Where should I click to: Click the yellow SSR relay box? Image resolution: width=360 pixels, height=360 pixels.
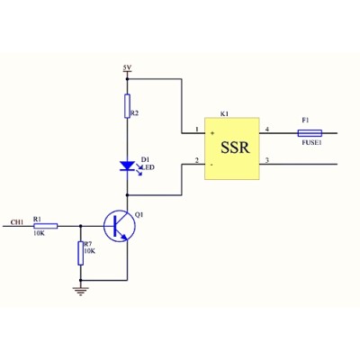pyautogui.click(x=232, y=148)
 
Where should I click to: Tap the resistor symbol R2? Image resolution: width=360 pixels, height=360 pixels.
pyautogui.click(x=127, y=106)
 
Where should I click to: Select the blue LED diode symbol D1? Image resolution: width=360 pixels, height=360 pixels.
pyautogui.click(x=127, y=166)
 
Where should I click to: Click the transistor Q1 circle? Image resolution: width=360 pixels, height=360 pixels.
pyautogui.click(x=120, y=226)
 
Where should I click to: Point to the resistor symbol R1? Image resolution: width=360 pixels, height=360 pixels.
pyautogui.click(x=46, y=226)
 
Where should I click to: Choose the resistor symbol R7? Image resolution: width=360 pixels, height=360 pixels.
pyautogui.click(x=80, y=253)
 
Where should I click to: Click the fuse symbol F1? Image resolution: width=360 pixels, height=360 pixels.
pyautogui.click(x=310, y=133)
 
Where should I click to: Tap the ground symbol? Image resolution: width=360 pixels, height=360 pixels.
pyautogui.click(x=80, y=291)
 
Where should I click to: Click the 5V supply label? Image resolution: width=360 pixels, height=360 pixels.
pyautogui.click(x=127, y=67)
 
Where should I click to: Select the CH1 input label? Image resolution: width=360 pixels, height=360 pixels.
pyautogui.click(x=17, y=222)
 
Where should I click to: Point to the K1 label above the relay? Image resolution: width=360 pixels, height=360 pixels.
pyautogui.click(x=224, y=114)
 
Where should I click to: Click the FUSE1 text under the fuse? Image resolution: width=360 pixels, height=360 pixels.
pyautogui.click(x=312, y=143)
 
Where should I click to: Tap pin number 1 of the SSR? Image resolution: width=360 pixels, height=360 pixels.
pyautogui.click(x=197, y=130)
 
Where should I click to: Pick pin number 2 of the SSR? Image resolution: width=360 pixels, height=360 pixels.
pyautogui.click(x=197, y=160)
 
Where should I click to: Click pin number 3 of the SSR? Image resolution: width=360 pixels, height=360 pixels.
pyautogui.click(x=267, y=160)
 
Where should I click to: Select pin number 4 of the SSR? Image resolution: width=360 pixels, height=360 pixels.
pyautogui.click(x=267, y=130)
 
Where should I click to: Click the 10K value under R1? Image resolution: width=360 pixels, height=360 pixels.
pyautogui.click(x=39, y=233)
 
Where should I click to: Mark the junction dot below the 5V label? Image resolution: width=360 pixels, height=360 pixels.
pyautogui.click(x=127, y=79)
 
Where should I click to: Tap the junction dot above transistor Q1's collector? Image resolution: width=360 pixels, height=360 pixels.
pyautogui.click(x=127, y=195)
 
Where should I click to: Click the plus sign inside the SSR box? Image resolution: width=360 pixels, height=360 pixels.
pyautogui.click(x=212, y=133)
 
